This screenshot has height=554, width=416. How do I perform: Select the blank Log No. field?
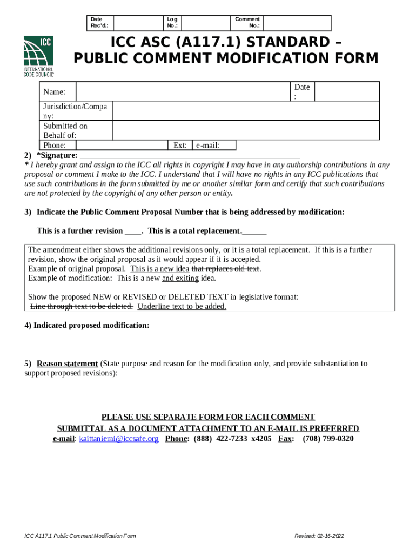[x=206, y=23]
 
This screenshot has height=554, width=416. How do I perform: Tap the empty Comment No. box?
[x=297, y=23]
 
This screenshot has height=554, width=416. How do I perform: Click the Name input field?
[x=183, y=92]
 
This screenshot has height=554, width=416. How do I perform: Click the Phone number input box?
[x=122, y=145]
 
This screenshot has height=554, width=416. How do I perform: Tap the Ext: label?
[x=180, y=145]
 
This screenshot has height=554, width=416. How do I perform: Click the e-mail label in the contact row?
[x=207, y=145]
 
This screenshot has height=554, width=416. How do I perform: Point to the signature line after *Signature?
[x=190, y=156]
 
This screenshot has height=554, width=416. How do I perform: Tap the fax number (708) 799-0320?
[x=328, y=439]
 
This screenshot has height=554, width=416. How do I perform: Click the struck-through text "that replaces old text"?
[x=226, y=269]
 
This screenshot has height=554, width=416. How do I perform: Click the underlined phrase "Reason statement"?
[x=67, y=364]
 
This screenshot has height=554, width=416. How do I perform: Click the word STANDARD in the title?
[x=281, y=42]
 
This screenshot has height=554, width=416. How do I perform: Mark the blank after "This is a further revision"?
[x=133, y=231]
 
